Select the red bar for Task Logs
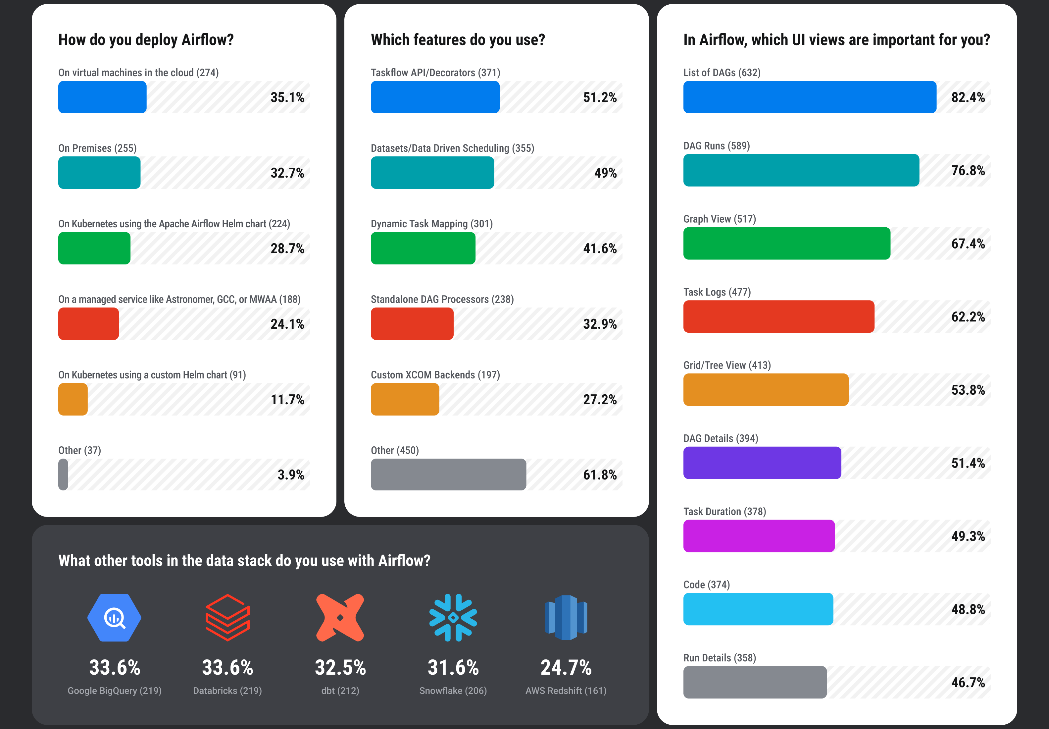[x=778, y=316]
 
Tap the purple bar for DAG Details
[x=762, y=462]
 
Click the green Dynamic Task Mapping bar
[x=423, y=248]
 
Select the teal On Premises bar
[x=99, y=173]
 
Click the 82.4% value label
[x=968, y=97]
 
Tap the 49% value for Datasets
[x=605, y=173]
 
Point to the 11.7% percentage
[x=287, y=399]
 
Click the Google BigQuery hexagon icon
[x=114, y=618]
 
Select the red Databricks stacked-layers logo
[x=227, y=618]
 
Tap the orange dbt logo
[x=340, y=618]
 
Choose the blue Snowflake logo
[x=453, y=618]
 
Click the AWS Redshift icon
[x=566, y=618]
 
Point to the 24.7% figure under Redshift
[x=566, y=667]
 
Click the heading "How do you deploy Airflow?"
[x=146, y=40]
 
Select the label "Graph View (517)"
[x=720, y=219]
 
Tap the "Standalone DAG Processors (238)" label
[x=442, y=299]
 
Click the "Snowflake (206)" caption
[x=453, y=690]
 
